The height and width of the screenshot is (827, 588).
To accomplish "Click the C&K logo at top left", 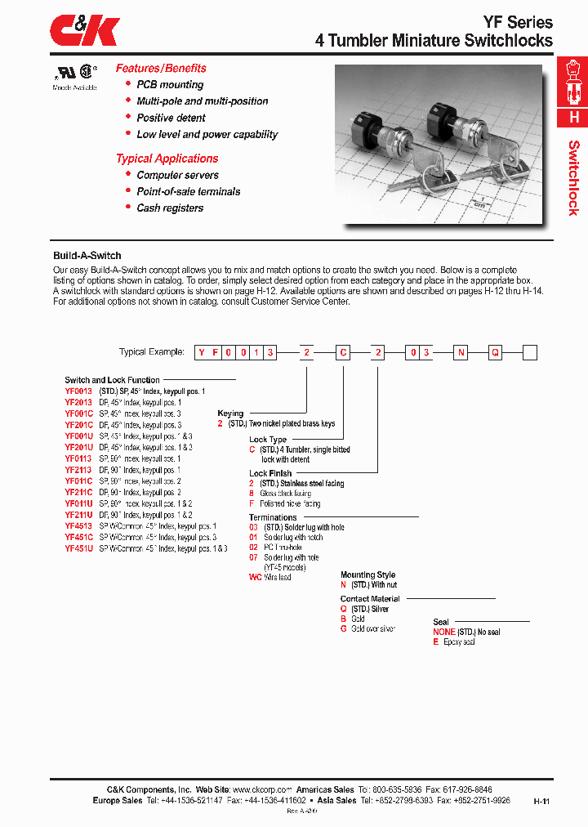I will [x=85, y=32].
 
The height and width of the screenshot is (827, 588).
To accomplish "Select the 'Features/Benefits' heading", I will [x=161, y=69].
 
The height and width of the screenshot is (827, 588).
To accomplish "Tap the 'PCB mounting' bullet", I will [x=170, y=85].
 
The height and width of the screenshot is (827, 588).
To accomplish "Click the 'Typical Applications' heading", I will [x=167, y=159].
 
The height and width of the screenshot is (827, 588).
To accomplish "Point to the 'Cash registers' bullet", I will [x=170, y=208].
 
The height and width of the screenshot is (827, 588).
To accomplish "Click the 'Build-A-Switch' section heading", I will [x=87, y=256].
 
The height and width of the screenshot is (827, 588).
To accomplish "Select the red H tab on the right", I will [x=573, y=117].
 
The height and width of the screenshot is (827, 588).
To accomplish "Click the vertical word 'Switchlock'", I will [x=573, y=177].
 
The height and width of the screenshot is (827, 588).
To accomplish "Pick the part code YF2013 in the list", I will [x=78, y=403].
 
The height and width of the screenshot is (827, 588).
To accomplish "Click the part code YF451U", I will [x=78, y=549].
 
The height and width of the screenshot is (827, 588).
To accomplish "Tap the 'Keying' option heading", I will [x=230, y=413].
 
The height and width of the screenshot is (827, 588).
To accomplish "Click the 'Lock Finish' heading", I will [x=270, y=473].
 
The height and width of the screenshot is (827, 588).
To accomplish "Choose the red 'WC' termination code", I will [x=254, y=577].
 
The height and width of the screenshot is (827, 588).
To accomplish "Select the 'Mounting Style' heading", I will [x=367, y=575].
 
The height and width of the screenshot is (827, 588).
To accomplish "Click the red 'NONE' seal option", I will [x=443, y=633].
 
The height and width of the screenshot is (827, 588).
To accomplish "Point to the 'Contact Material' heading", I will [x=370, y=599].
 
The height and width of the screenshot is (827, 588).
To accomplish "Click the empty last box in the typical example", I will [x=529, y=353].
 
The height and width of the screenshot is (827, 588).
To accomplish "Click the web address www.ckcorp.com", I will [x=262, y=790].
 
